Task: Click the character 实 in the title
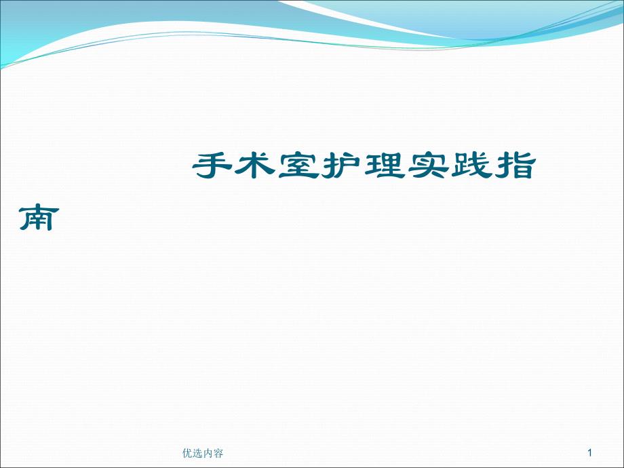click(427, 165)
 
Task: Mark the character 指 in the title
click(513, 165)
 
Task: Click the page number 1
click(590, 452)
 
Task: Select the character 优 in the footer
click(187, 453)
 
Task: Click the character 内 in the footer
click(208, 453)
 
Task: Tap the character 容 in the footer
click(218, 453)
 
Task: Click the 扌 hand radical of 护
click(330, 166)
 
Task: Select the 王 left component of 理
click(372, 166)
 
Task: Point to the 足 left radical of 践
click(459, 166)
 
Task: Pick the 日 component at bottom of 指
click(522, 172)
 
